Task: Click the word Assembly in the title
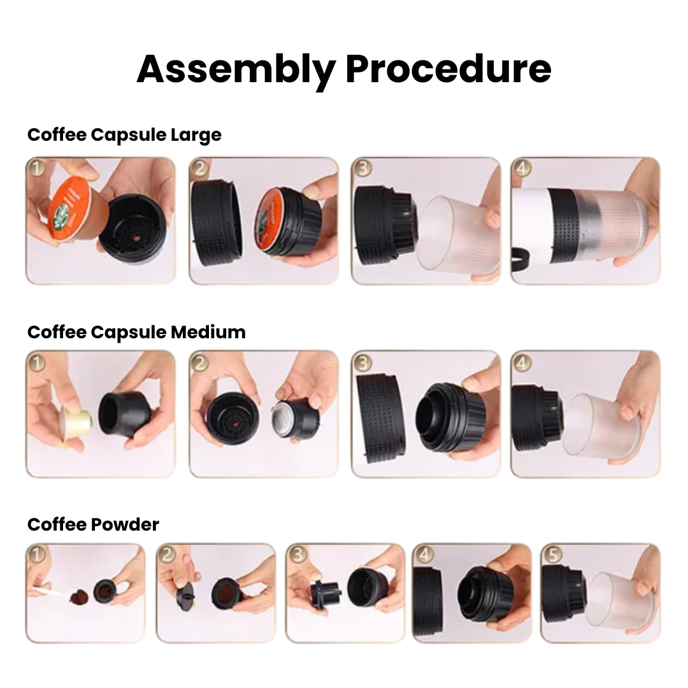coord(236,70)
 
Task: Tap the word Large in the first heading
coord(196,135)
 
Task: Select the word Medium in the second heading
coord(208,332)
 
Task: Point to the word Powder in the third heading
coord(125,524)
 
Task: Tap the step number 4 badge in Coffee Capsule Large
coord(522,168)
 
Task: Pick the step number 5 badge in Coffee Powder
coord(552,554)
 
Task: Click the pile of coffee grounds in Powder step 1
coord(80,596)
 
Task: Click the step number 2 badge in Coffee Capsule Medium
coord(199,362)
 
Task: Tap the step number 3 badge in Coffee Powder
coord(297,554)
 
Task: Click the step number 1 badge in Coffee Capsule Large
coord(37,168)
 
